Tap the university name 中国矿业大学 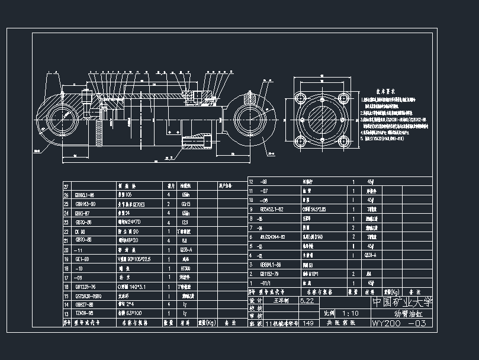pyautogui.click(x=402, y=301)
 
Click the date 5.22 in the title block pyautogui.click(x=308, y=301)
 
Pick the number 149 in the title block pyautogui.click(x=308, y=324)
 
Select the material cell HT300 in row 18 pyautogui.click(x=185, y=268)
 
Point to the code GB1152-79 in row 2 pyautogui.click(x=273, y=274)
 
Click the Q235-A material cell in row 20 pyautogui.click(x=185, y=250)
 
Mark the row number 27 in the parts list pyautogui.click(x=66, y=186)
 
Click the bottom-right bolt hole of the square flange pyautogui.click(x=345, y=143)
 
